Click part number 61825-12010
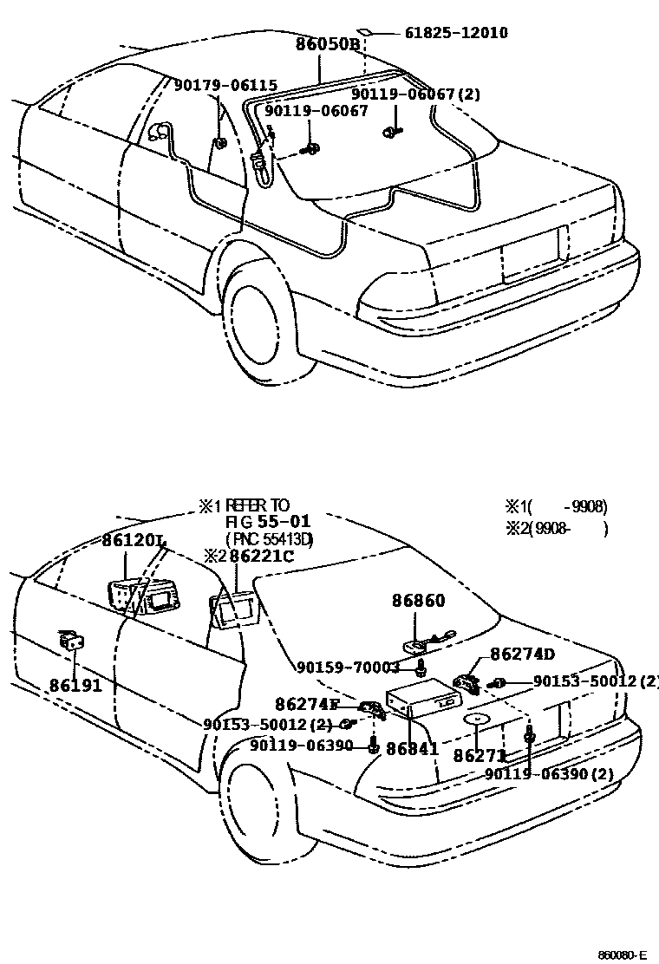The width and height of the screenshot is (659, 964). (x=456, y=33)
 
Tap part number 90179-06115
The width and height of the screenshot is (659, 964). (x=225, y=85)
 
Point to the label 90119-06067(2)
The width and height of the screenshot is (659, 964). (x=415, y=94)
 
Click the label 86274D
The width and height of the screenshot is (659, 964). (x=522, y=654)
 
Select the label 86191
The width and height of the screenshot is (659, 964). (x=75, y=685)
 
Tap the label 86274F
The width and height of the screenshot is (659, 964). (x=308, y=704)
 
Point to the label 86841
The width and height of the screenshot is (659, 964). (x=412, y=747)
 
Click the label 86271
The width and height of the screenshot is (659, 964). (x=479, y=755)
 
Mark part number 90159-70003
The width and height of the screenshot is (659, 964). (x=348, y=668)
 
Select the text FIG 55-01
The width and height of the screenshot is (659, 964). (x=256, y=522)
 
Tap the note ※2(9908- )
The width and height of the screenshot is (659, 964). (x=557, y=529)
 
